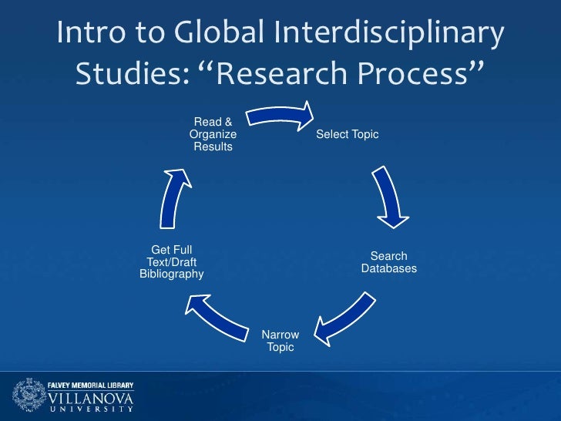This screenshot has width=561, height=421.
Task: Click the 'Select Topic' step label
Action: [347, 135]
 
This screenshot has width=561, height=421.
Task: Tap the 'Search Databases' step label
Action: [388, 262]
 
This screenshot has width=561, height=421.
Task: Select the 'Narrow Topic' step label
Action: [280, 341]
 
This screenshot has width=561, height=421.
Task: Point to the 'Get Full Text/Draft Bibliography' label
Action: [171, 262]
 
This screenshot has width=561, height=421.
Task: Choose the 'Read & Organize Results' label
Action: [213, 134]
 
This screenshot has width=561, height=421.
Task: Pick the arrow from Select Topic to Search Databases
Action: [390, 197]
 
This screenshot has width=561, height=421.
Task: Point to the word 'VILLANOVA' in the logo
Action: [91, 398]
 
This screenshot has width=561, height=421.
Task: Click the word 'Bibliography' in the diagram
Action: [171, 274]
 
